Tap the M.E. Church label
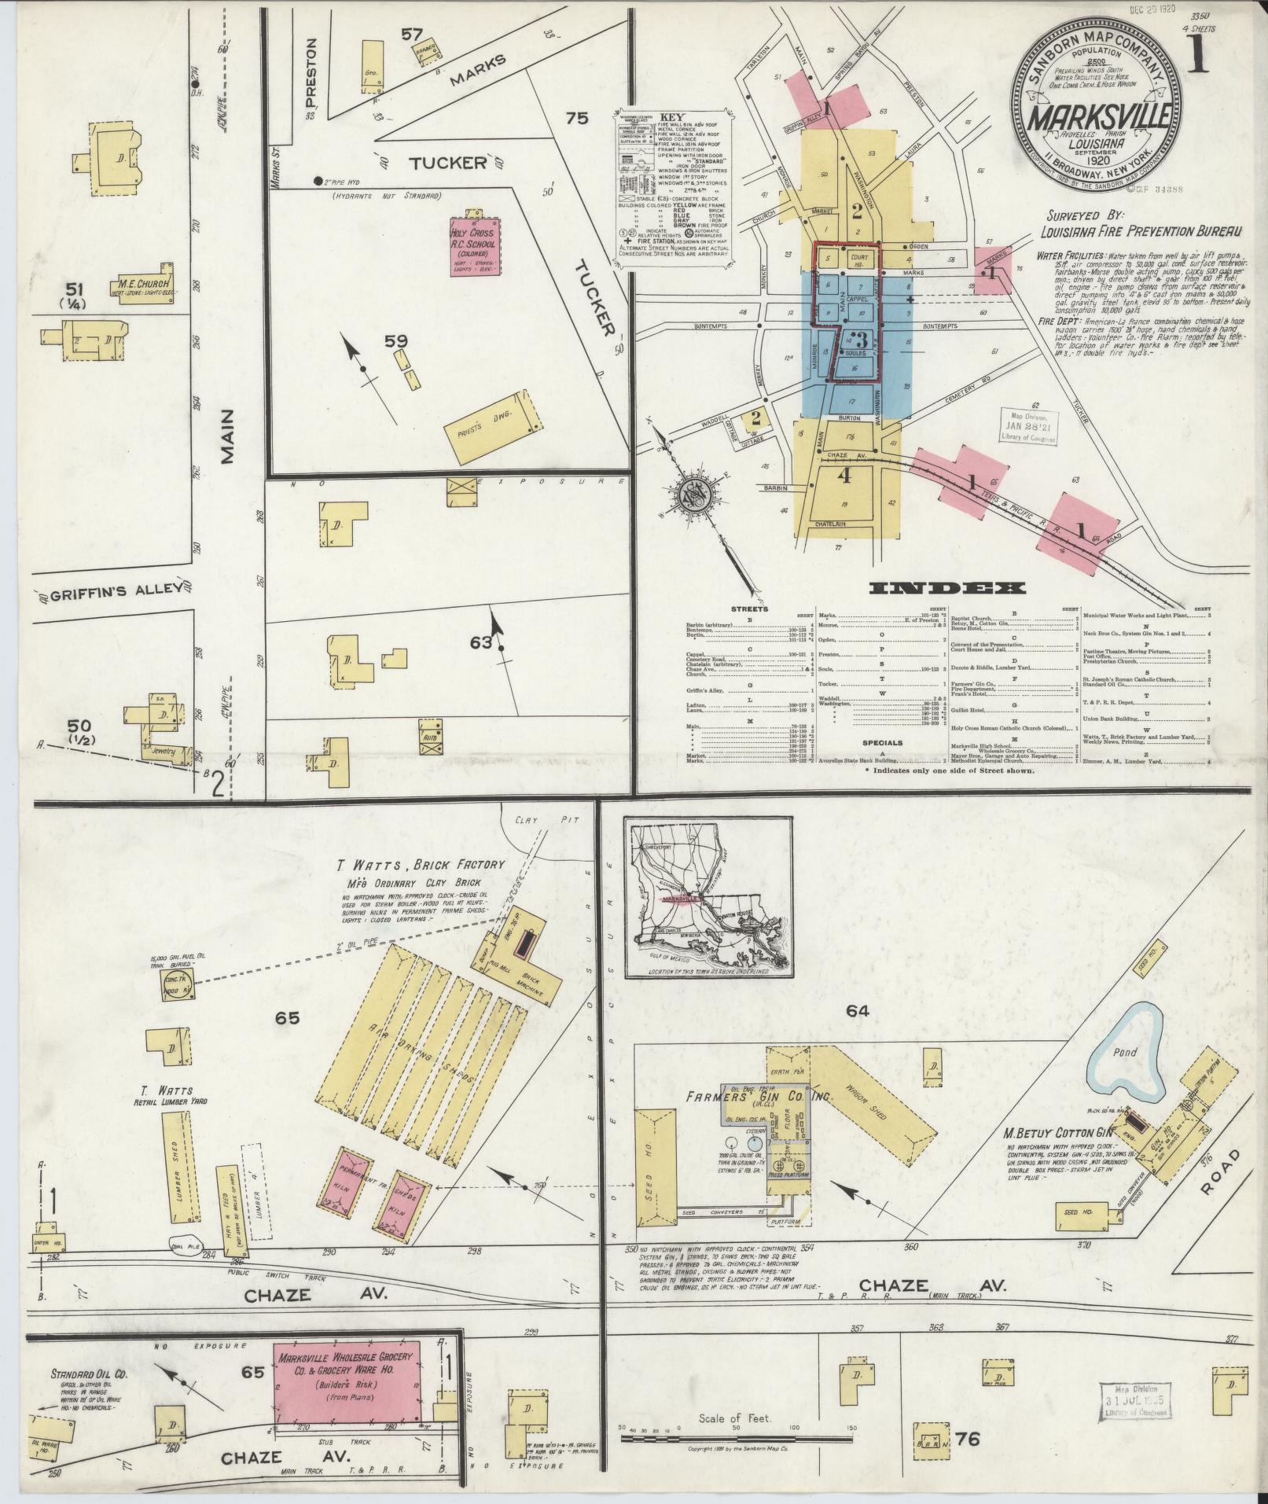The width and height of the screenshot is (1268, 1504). tap(142, 284)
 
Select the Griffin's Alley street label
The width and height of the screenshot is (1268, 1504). tap(112, 590)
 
